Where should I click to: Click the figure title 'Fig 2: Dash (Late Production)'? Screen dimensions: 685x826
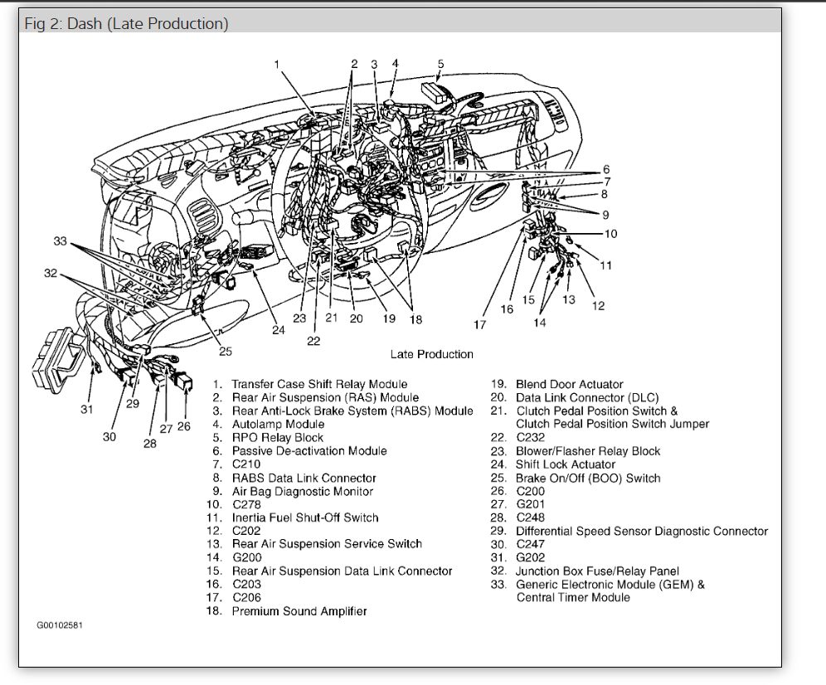click(126, 23)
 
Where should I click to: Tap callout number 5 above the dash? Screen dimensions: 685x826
click(440, 64)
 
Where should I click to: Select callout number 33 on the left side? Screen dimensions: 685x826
click(61, 241)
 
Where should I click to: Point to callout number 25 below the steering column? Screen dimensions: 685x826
click(226, 351)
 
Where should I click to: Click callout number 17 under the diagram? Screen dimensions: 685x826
click(479, 324)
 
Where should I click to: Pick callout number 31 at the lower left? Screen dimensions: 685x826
click(87, 408)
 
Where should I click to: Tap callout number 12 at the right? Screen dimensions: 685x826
click(598, 306)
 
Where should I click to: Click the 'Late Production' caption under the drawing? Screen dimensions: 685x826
click(432, 354)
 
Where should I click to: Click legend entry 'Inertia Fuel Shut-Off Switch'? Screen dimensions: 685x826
click(304, 517)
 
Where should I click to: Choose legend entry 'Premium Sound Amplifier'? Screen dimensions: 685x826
click(299, 611)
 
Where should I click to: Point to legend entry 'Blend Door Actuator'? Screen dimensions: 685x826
click(569, 384)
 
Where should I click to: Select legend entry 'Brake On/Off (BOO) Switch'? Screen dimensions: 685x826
click(588, 478)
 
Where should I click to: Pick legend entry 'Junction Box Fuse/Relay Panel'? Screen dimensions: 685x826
click(597, 571)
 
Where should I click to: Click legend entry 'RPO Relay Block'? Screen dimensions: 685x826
click(277, 437)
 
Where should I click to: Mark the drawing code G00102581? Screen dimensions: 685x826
click(60, 624)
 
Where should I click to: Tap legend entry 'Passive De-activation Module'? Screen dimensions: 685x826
click(309, 450)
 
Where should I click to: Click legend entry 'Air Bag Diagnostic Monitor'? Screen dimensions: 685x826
click(302, 491)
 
